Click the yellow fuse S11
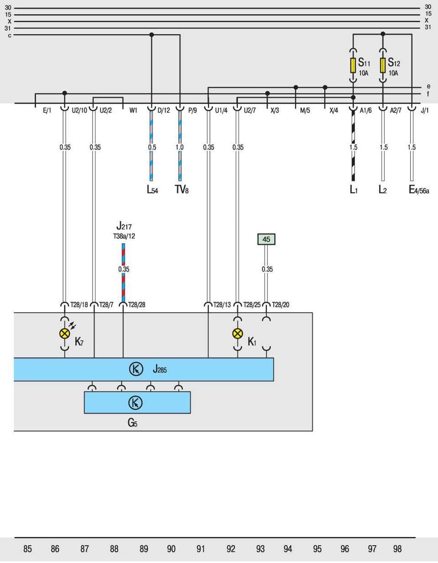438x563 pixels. (353, 65)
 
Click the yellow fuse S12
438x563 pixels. (383, 65)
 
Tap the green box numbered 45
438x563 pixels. (266, 239)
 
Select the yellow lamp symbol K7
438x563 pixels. (65, 334)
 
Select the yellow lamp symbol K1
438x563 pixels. (237, 334)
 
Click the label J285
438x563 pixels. (160, 369)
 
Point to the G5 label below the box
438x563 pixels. (132, 423)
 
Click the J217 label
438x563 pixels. (124, 226)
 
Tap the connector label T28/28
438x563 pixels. (136, 305)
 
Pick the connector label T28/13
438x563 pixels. (222, 305)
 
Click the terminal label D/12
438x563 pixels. (163, 110)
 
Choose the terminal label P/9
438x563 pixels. (193, 110)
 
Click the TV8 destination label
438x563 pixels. (181, 189)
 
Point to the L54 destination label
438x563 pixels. (152, 190)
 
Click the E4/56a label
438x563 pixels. (418, 190)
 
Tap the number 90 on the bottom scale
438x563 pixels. (171, 549)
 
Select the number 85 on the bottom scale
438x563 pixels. (27, 549)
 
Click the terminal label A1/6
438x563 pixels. (365, 110)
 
